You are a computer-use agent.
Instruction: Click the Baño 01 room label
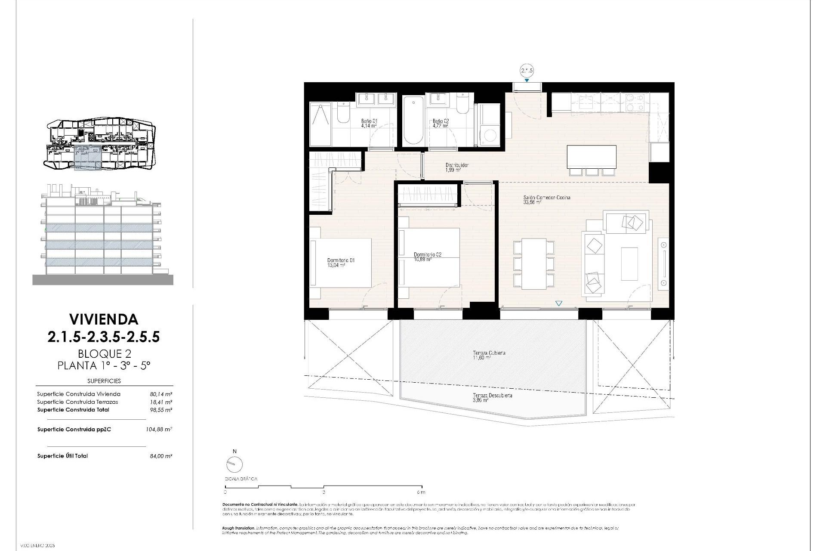click(369, 121)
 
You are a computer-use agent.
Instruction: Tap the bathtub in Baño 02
click(413, 121)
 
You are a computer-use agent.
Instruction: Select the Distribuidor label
click(456, 165)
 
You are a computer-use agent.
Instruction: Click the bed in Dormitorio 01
click(342, 263)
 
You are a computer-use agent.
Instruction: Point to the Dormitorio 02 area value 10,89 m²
click(422, 259)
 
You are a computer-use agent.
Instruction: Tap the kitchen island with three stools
click(591, 157)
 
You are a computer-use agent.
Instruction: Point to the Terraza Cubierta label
click(489, 353)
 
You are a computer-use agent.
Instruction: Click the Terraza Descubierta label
click(492, 395)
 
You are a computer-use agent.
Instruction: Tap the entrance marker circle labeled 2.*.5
click(527, 71)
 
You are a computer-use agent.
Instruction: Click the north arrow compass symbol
click(234, 464)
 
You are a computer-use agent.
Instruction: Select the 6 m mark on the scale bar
click(421, 492)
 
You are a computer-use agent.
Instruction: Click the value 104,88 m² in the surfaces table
click(159, 429)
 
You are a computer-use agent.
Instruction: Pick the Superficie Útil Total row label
click(62, 456)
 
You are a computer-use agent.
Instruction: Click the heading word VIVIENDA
click(104, 319)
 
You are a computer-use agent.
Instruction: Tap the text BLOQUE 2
click(104, 353)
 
